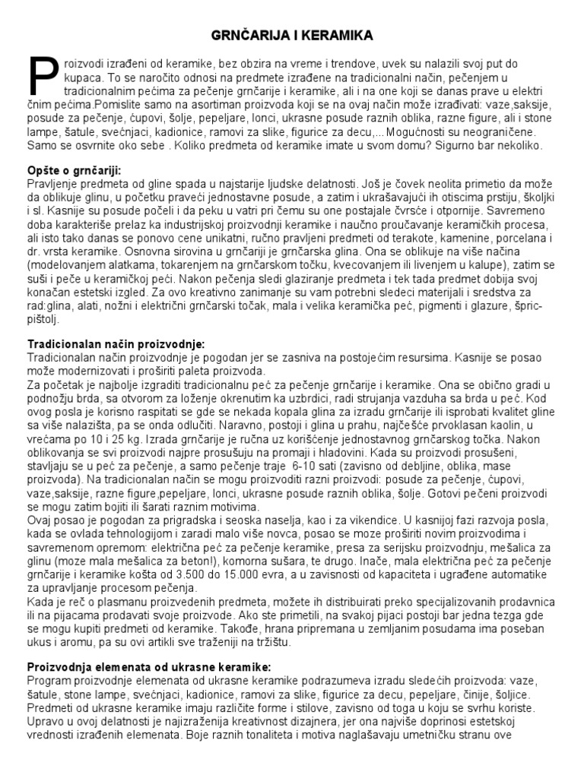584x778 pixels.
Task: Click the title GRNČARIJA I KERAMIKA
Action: click(x=292, y=36)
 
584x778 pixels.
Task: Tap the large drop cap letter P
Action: click(x=42, y=77)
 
